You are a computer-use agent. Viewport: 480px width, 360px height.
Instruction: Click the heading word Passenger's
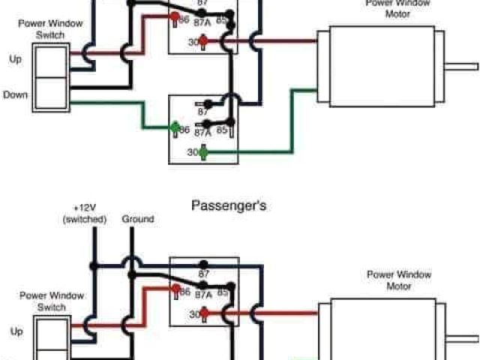(x=229, y=204)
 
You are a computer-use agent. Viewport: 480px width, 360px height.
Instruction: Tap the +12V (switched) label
(x=85, y=214)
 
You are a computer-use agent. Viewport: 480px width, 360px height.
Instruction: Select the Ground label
(x=137, y=219)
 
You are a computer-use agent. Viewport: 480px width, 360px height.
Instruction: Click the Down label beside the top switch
(x=15, y=95)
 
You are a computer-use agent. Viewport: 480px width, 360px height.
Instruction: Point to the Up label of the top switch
(x=16, y=58)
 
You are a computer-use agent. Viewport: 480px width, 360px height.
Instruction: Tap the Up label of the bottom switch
(x=16, y=330)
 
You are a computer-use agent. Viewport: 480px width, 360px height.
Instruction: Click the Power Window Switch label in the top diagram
(x=50, y=28)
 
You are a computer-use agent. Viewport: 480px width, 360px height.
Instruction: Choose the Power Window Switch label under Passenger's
(x=50, y=301)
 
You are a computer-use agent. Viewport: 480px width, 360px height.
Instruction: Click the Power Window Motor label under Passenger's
(x=399, y=280)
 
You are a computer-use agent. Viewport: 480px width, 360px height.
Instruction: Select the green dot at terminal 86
(x=175, y=127)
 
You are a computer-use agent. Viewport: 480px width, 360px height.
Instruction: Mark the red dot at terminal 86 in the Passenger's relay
(x=175, y=289)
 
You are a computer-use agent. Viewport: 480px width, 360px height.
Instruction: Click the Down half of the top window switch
(x=50, y=94)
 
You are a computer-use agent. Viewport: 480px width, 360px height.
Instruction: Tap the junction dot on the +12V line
(x=94, y=265)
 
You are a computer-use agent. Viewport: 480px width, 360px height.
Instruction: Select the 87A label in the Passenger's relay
(x=202, y=295)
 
